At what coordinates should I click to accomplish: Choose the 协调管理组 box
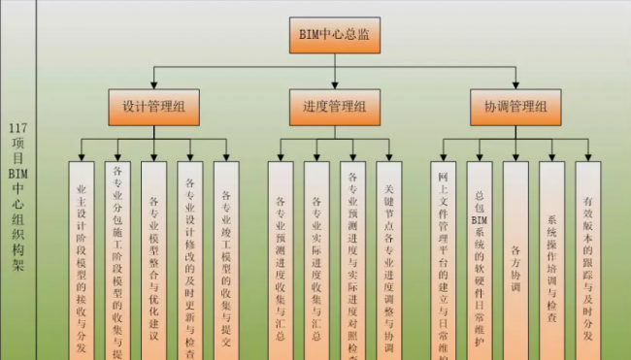(515, 106)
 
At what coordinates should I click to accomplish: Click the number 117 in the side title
(17, 127)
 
